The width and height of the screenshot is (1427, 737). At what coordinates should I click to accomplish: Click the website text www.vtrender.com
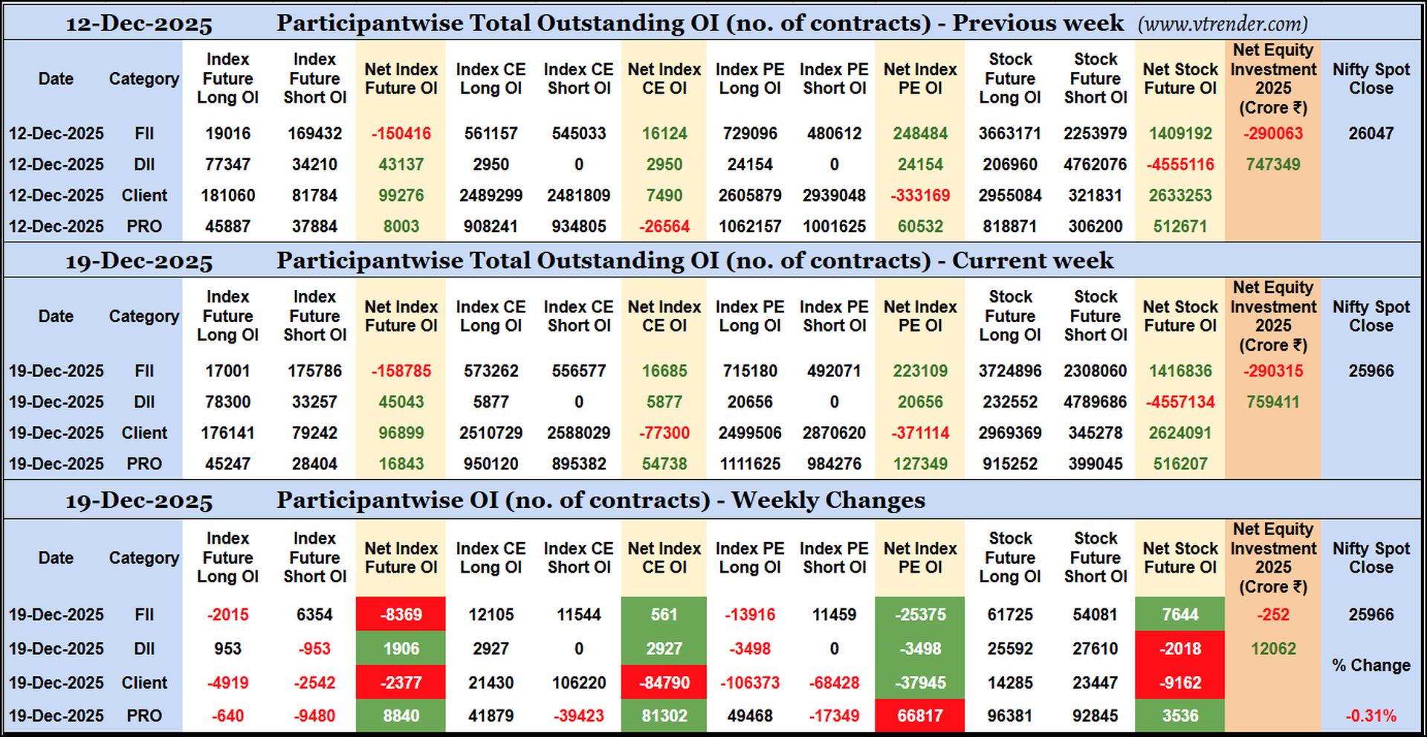tap(1222, 24)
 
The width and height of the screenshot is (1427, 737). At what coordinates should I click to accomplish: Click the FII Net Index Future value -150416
tap(401, 134)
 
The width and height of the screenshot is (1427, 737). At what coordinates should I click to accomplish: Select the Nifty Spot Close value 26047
tap(1371, 134)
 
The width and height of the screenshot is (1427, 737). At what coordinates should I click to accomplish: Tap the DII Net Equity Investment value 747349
tap(1272, 164)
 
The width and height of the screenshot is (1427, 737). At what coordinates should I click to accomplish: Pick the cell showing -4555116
tap(1180, 164)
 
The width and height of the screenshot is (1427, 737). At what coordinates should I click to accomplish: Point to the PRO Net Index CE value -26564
tap(664, 226)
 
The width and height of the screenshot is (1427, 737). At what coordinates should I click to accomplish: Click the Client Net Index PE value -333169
tap(919, 196)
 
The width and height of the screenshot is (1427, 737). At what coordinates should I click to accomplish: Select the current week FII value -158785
tap(401, 371)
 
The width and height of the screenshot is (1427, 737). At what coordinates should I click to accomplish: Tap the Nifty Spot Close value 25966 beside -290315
tap(1371, 371)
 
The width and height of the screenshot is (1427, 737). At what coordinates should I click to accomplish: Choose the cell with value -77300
tap(664, 433)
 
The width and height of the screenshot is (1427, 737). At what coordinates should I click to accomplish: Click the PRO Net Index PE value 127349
tap(919, 464)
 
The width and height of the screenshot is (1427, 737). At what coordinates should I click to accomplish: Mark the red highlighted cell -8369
tap(401, 615)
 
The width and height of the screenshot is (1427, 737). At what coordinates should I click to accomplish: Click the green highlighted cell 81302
tap(664, 716)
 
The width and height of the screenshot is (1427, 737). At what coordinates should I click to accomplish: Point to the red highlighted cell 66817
tap(919, 716)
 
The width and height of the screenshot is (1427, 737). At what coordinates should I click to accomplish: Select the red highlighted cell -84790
tap(664, 683)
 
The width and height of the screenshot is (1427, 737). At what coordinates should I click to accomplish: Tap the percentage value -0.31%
tap(1371, 716)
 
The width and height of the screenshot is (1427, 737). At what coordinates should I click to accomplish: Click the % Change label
tap(1371, 666)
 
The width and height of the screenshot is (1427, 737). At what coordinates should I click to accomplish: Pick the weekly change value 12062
tap(1272, 649)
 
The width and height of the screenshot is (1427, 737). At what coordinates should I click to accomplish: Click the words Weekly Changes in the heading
tap(828, 500)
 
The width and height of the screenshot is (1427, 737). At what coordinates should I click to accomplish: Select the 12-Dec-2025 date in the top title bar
tap(139, 24)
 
